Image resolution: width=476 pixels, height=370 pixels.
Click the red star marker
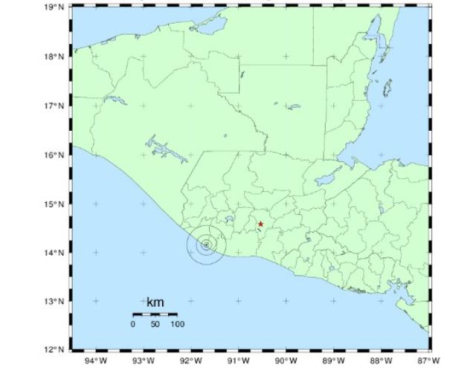260,224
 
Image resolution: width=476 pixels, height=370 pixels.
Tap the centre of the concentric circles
206,244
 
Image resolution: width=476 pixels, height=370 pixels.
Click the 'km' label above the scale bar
155,302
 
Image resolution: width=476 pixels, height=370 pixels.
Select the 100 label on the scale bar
177,324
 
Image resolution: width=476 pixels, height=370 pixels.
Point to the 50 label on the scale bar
155,324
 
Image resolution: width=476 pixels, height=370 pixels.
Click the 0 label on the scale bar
133,324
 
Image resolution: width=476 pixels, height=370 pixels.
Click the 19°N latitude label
54,7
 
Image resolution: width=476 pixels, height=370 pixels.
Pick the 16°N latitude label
54,155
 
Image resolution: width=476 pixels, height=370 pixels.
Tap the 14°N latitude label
54,253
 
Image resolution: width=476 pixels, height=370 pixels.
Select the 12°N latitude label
54,350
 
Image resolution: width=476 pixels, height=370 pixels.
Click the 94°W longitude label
96,362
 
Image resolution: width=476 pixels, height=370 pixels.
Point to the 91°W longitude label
238,362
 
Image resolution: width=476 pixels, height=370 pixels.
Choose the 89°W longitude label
334,362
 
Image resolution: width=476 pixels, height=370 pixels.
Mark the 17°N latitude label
54,106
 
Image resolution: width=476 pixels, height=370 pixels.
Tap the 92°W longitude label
191,362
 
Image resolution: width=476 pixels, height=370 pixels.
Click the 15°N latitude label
54,204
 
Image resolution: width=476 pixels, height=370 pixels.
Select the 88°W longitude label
382,362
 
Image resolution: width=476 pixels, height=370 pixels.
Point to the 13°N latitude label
54,302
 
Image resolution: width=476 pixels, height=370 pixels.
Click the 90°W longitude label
286,362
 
